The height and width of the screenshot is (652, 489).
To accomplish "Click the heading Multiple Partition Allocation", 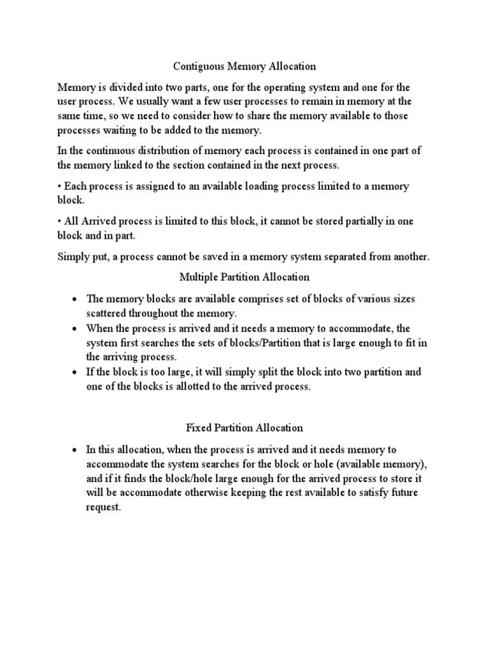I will (x=244, y=277).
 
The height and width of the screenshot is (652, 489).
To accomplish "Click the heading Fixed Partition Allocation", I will (x=244, y=427).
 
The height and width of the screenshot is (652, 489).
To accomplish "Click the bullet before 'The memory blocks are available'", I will (x=75, y=299).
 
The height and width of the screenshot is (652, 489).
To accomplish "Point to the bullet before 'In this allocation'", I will (x=75, y=449).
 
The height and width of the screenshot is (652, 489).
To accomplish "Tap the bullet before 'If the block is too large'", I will (x=75, y=372).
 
